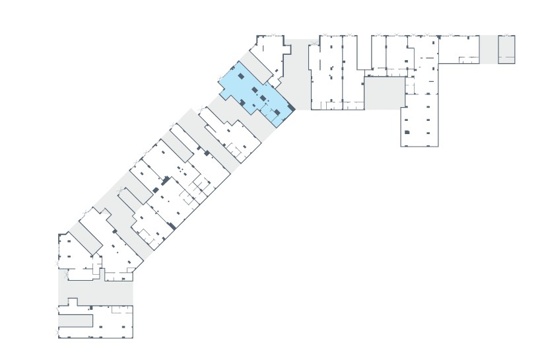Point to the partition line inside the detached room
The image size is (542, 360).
pyautogui.click(x=506, y=57)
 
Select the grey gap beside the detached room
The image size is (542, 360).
pyautogui.click(x=489, y=50)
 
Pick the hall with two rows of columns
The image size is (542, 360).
pyautogui.click(x=420, y=119)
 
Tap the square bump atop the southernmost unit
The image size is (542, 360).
pyautogui.click(x=72, y=302)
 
